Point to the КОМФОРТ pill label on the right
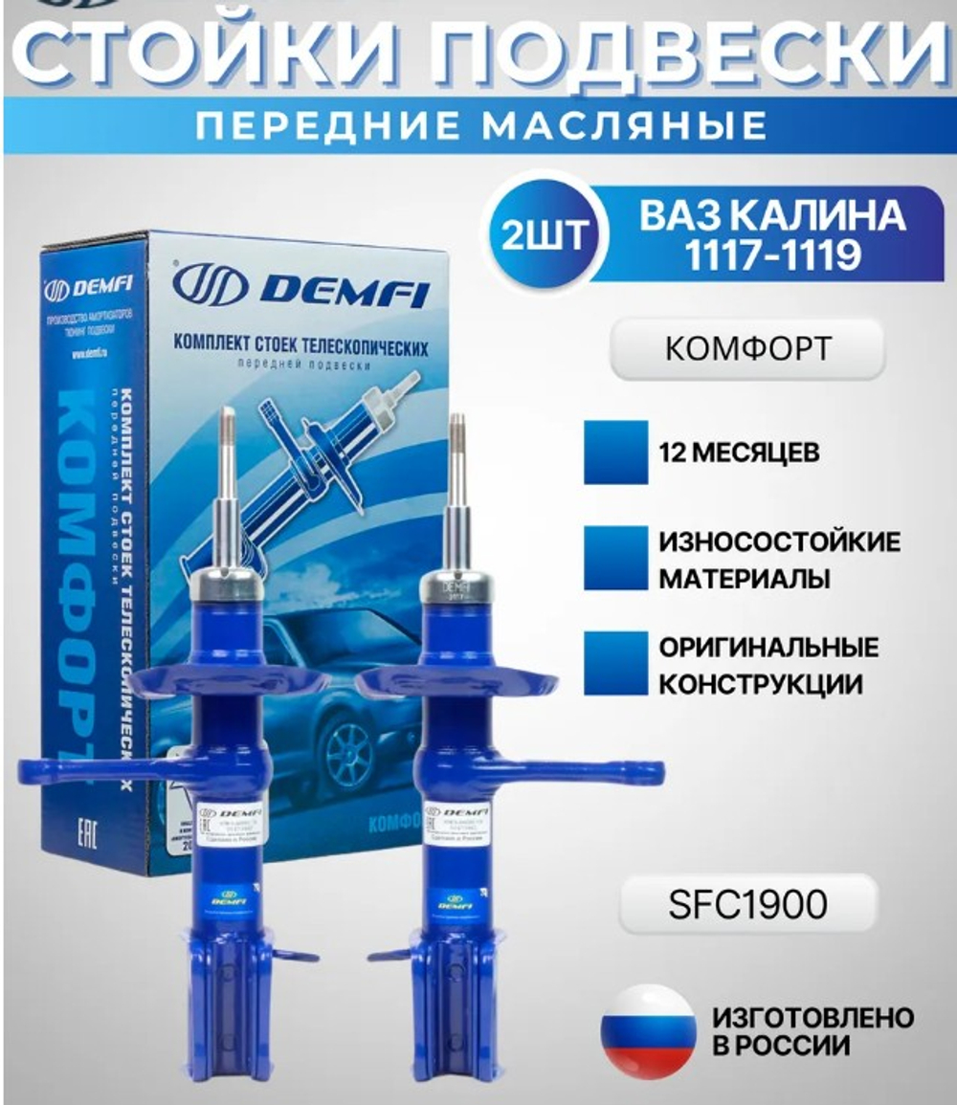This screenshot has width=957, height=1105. [746, 349]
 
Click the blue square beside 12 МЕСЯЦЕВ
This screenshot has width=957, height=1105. [615, 452]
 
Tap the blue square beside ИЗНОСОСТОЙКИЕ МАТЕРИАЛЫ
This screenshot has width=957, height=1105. [615, 559]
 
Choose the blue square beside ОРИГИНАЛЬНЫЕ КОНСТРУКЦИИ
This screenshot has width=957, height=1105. [615, 663]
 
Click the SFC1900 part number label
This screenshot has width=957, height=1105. [747, 903]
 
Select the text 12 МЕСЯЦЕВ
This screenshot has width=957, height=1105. [739, 453]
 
